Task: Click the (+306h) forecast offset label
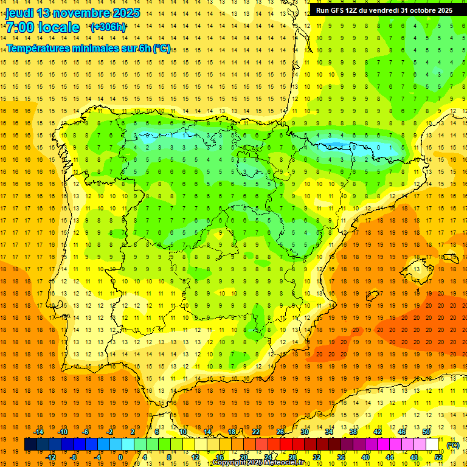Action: click(108, 27)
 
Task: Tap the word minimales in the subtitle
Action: click(99, 49)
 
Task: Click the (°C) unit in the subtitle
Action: click(162, 49)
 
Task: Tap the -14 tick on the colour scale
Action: click(38, 432)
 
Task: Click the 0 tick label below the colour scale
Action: click(120, 457)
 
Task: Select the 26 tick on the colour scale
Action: click(280, 432)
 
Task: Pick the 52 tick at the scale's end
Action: click(438, 457)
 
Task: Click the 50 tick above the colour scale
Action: click(426, 432)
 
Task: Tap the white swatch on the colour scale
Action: click(432, 445)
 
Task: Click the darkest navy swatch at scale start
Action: click(30, 445)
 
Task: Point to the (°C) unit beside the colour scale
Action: click(452, 445)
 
